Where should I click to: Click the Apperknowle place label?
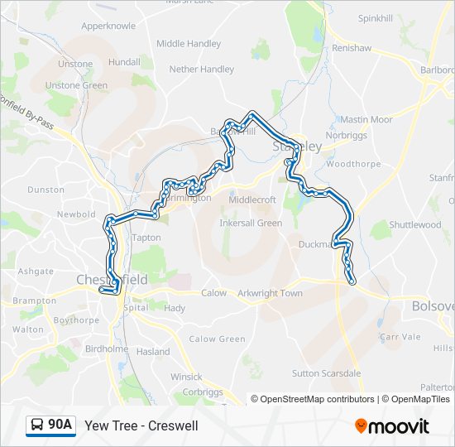coord(108,26)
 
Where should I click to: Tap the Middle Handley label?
coord(189,43)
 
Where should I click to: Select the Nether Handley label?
coord(202,70)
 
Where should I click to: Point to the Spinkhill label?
coord(376,18)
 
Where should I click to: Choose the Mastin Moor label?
coord(366,120)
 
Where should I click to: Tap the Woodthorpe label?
coord(353,164)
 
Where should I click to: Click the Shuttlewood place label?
coord(414,224)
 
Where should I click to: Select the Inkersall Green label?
coord(251,223)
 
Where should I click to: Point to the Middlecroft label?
coord(252,199)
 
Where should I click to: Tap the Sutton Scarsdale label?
coord(327,373)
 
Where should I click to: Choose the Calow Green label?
coord(217,339)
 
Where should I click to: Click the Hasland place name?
coord(153,352)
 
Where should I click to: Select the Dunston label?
coord(45,190)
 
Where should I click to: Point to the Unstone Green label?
coord(76,85)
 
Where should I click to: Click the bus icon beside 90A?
coord(37,425)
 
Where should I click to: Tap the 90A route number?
coord(60,425)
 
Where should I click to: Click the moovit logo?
coord(392,426)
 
